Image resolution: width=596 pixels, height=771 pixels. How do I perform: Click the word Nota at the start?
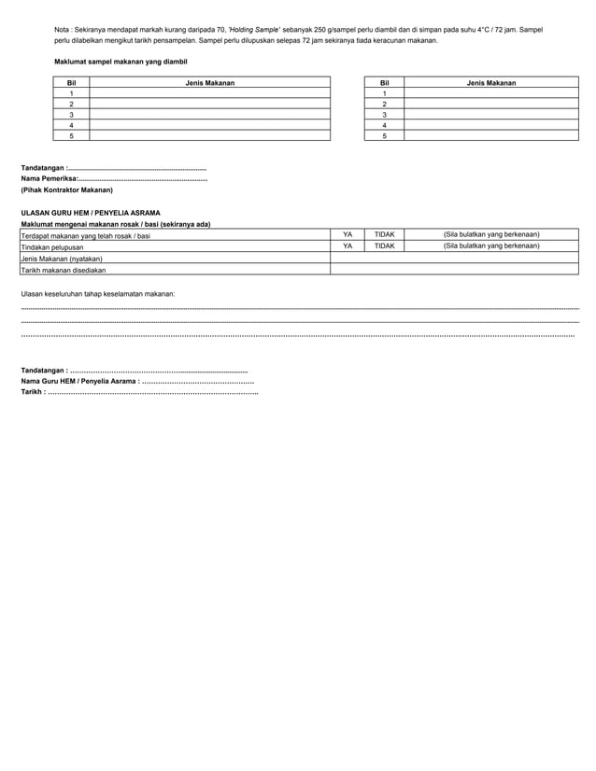[64, 30]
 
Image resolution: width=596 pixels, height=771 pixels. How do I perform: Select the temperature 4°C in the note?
[489, 30]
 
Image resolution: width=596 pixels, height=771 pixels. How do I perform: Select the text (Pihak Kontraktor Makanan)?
[66, 189]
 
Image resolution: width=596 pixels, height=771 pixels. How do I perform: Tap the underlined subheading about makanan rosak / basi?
[115, 224]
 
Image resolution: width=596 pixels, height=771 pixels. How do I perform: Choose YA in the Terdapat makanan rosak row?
[348, 234]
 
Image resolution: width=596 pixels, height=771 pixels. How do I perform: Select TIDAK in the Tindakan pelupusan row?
[384, 245]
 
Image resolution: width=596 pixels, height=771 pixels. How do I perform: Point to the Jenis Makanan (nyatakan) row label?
[62, 258]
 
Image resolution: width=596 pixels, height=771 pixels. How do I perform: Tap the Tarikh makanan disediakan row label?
[64, 269]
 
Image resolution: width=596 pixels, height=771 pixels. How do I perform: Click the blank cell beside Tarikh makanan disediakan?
[455, 269]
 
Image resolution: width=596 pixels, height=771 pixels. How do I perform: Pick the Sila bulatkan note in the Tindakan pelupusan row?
[491, 245]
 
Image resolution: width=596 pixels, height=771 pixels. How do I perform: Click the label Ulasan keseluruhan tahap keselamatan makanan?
[97, 294]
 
